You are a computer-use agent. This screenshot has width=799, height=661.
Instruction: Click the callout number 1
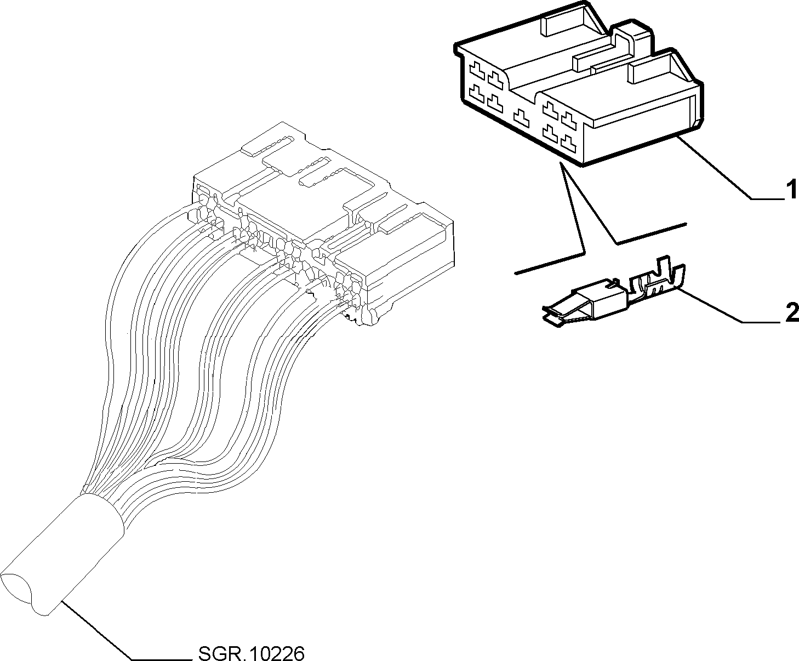(x=791, y=190)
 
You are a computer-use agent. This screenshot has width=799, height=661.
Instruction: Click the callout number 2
(x=791, y=313)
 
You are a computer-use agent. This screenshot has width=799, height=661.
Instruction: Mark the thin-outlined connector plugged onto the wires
(x=323, y=224)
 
